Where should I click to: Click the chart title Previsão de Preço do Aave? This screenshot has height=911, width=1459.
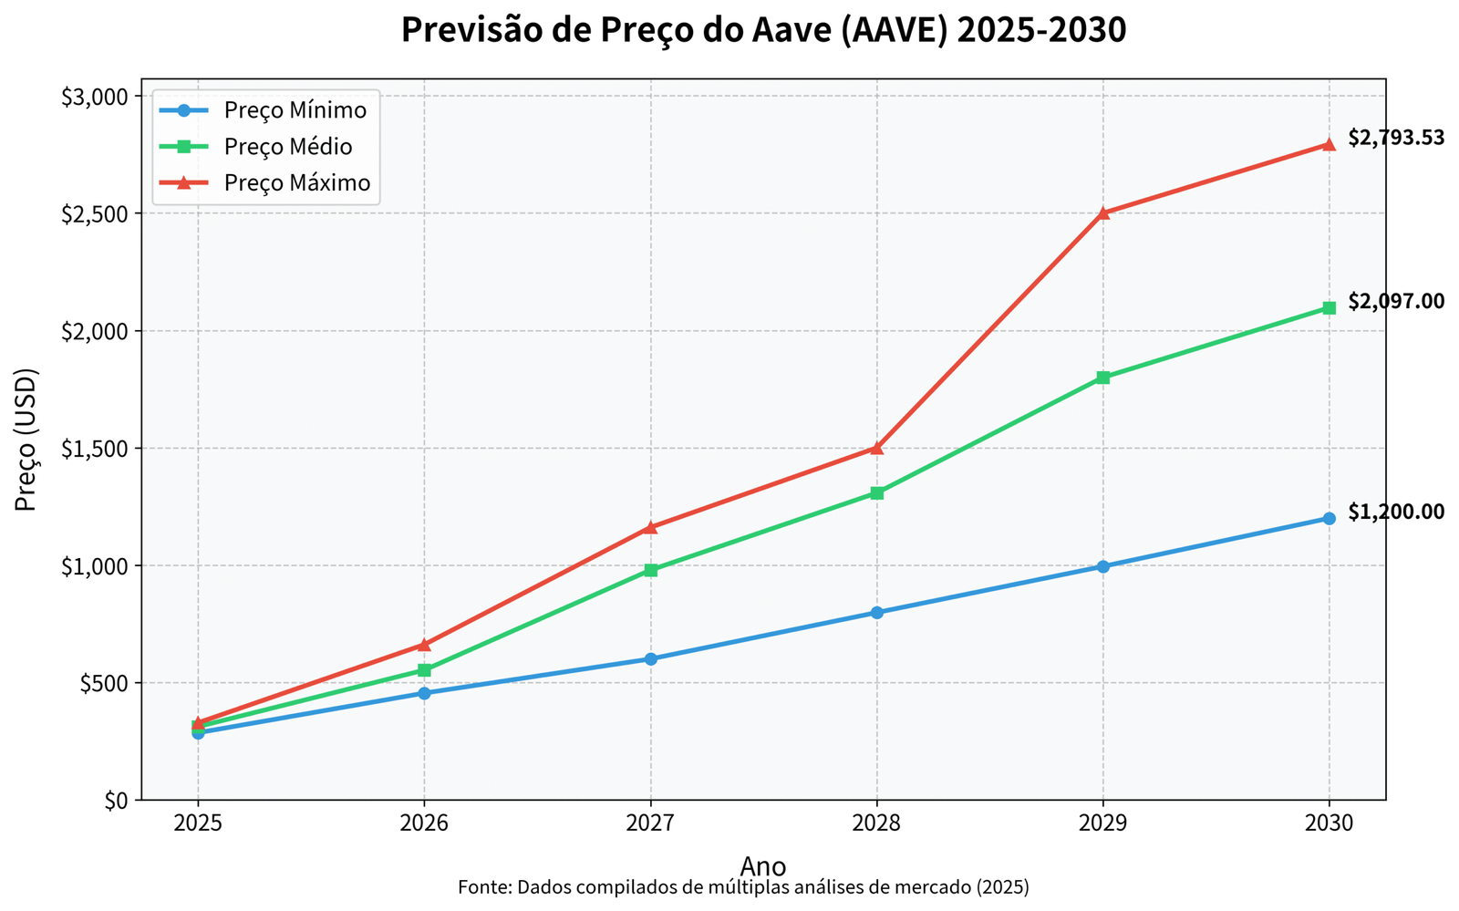(x=763, y=30)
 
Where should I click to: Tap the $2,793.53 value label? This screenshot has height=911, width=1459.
(x=1396, y=138)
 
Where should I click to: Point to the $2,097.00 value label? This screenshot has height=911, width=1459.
(x=1396, y=301)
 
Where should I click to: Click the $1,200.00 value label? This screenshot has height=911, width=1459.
(x=1396, y=512)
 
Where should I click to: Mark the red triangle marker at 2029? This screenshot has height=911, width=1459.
(x=1102, y=212)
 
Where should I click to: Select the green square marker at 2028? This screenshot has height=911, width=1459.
(x=876, y=493)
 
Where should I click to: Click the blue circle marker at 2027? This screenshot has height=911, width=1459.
(x=650, y=658)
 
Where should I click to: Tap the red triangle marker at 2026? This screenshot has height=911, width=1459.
(x=424, y=645)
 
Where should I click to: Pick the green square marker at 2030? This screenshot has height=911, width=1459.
(x=1329, y=308)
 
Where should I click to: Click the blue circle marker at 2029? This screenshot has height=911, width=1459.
(x=1102, y=566)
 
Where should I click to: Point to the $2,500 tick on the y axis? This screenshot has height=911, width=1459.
(x=100, y=213)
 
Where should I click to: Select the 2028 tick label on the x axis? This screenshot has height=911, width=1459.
(x=876, y=823)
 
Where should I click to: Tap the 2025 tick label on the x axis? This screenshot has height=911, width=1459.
(x=198, y=823)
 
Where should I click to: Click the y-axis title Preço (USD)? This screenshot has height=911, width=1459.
(x=26, y=439)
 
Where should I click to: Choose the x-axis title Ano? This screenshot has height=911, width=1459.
(x=763, y=865)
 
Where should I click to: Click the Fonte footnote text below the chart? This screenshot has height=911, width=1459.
(x=743, y=887)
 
